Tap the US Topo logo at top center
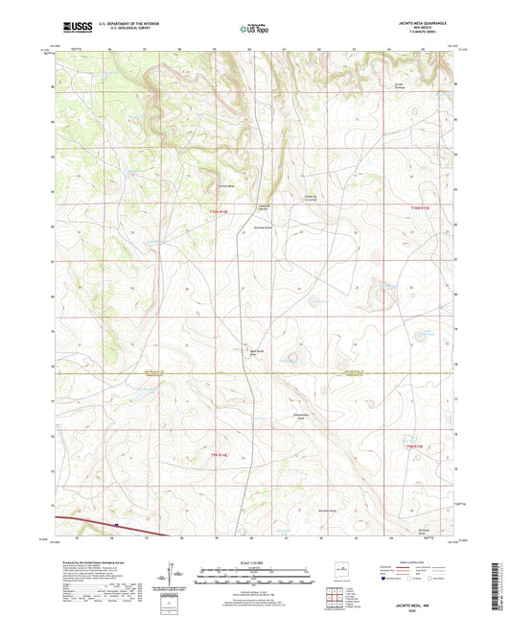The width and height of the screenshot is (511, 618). [250, 30]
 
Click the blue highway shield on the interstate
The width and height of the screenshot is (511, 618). [116, 524]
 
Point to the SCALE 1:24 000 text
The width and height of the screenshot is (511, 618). [254, 561]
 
